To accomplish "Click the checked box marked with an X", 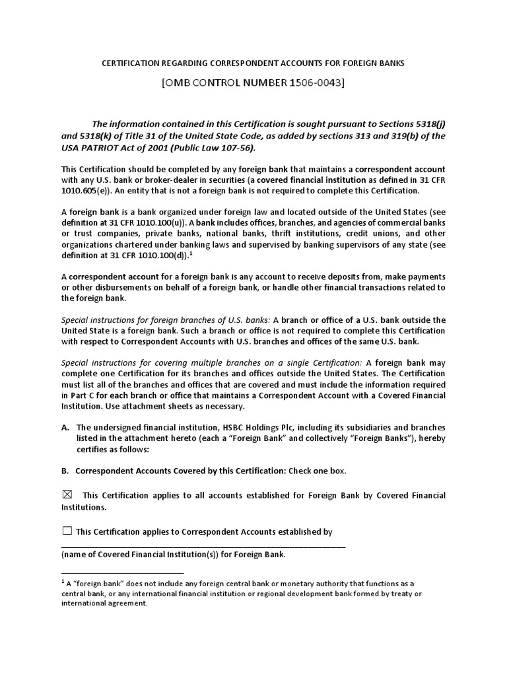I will click(x=67, y=495).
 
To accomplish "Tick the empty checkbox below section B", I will click(x=67, y=531).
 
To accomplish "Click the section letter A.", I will click(x=65, y=428).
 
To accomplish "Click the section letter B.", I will click(x=65, y=471).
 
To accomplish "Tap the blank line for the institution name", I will click(x=203, y=545).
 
